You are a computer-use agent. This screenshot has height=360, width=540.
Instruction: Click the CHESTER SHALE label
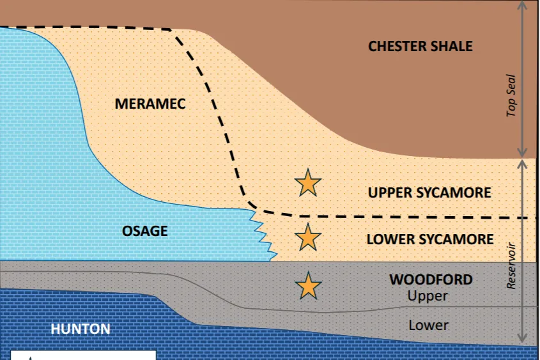[x=420, y=46]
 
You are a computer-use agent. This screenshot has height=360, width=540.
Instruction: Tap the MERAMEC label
[x=150, y=104]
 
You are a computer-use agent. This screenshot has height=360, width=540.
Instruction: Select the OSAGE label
[x=145, y=231]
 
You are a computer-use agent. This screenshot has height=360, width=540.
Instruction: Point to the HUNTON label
[x=81, y=329]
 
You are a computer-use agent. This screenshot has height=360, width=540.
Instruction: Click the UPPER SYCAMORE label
[x=429, y=192]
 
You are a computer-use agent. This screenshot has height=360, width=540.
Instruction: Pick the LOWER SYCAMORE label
[x=429, y=239]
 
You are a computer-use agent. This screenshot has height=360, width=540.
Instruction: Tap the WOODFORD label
[x=431, y=279]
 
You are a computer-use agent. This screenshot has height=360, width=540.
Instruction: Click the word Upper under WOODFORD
[x=428, y=296]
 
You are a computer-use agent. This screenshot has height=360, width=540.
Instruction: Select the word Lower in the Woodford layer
[x=428, y=325]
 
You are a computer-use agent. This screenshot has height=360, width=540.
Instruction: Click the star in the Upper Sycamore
[x=307, y=183]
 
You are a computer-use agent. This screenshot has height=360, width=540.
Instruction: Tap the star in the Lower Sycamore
[x=307, y=237]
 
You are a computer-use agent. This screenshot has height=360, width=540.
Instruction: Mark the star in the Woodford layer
[x=307, y=286]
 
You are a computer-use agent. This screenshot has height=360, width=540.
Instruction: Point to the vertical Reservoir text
[x=511, y=265]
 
